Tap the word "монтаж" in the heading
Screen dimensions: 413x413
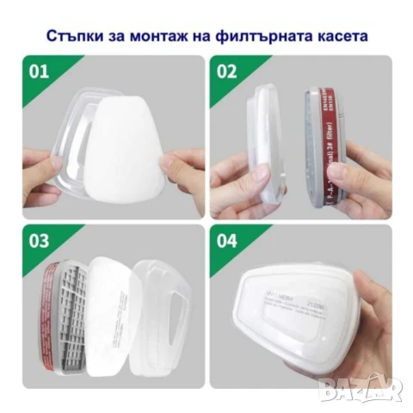click(x=170, y=36)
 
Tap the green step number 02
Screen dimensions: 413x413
click(x=226, y=71)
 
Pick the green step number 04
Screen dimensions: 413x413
click(x=226, y=241)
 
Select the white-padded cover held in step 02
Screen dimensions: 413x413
click(x=267, y=142)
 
